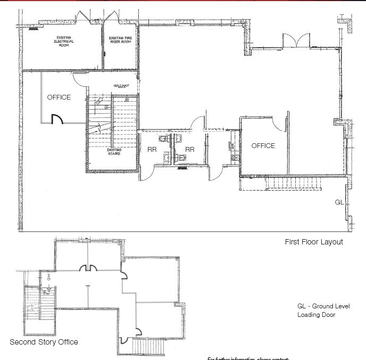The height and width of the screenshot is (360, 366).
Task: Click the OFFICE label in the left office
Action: [59, 97]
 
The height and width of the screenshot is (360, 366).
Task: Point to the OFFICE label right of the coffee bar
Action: [263, 145]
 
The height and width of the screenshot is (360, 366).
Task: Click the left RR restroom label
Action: [152, 150]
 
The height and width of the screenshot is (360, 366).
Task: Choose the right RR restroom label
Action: [189, 150]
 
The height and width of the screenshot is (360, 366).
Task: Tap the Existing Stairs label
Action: [114, 152]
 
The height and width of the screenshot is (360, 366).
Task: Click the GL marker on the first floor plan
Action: [339, 202]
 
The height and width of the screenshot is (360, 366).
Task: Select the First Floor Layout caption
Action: [314, 242]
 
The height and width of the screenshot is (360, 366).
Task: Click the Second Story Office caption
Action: [44, 342]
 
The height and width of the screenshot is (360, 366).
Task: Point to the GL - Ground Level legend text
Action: [323, 306]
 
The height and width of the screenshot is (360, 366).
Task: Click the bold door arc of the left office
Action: [57, 119]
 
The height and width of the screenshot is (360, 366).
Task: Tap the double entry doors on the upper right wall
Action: [296, 40]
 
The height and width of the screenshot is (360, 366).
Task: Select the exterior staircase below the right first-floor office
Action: [293, 184]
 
